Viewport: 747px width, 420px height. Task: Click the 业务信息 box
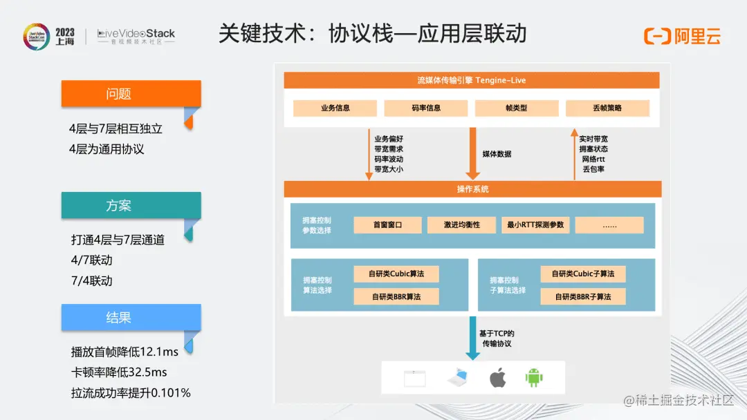point(335,108)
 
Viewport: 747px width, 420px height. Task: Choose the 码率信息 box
point(426,108)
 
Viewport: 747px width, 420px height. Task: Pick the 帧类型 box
point(516,108)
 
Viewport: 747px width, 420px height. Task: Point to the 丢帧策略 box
point(607,108)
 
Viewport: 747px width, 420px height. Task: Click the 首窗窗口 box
point(387,225)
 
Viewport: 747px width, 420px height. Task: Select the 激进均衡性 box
point(461,225)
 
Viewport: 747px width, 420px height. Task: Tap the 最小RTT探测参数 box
point(535,225)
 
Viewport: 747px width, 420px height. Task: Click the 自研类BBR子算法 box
point(582,296)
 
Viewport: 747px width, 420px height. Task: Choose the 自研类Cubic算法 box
point(396,274)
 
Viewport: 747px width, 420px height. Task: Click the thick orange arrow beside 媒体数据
point(473,153)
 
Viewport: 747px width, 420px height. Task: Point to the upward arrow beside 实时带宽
point(573,153)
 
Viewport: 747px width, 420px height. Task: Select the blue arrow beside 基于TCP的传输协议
point(472,338)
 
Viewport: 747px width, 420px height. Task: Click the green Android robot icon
point(534,378)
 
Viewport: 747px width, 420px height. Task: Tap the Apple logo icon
point(497,378)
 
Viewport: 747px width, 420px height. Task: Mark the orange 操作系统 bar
point(472,189)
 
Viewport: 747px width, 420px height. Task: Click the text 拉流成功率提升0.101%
point(131,393)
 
